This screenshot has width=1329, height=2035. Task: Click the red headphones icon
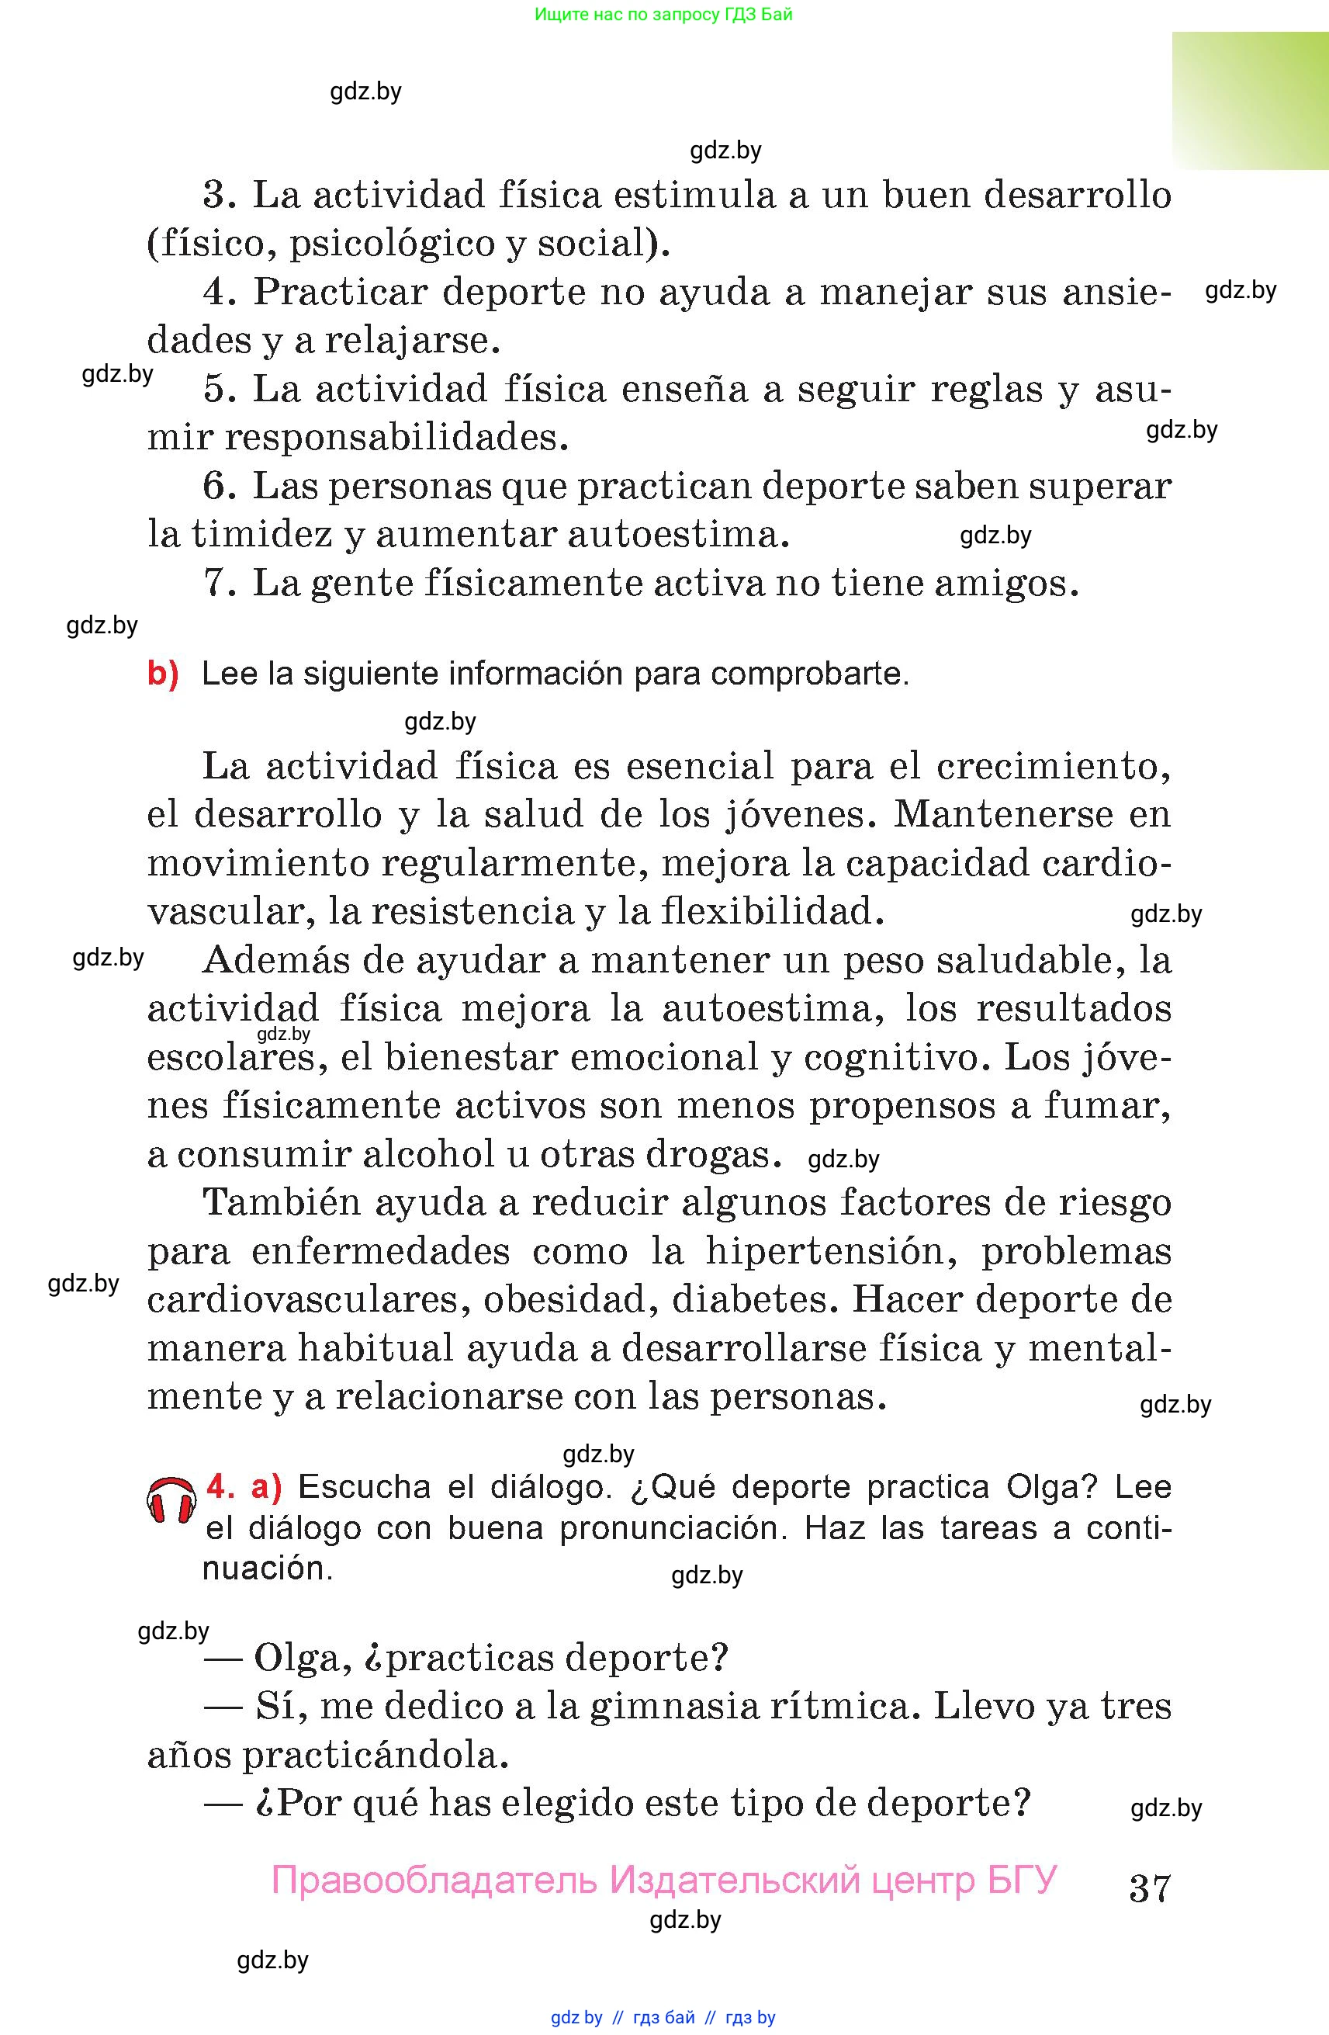[x=171, y=1499]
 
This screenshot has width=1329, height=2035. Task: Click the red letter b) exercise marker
[x=162, y=674]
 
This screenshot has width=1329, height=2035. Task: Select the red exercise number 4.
[x=220, y=1487]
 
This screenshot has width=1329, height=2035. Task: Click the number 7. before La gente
[x=220, y=584]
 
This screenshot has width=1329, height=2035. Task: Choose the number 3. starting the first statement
[x=220, y=196]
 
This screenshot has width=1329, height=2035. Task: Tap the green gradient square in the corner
[x=1250, y=101]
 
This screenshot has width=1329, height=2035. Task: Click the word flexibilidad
[x=772, y=912]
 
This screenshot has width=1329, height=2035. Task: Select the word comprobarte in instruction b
[x=809, y=674]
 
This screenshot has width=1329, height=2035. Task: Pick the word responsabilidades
[x=396, y=439]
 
